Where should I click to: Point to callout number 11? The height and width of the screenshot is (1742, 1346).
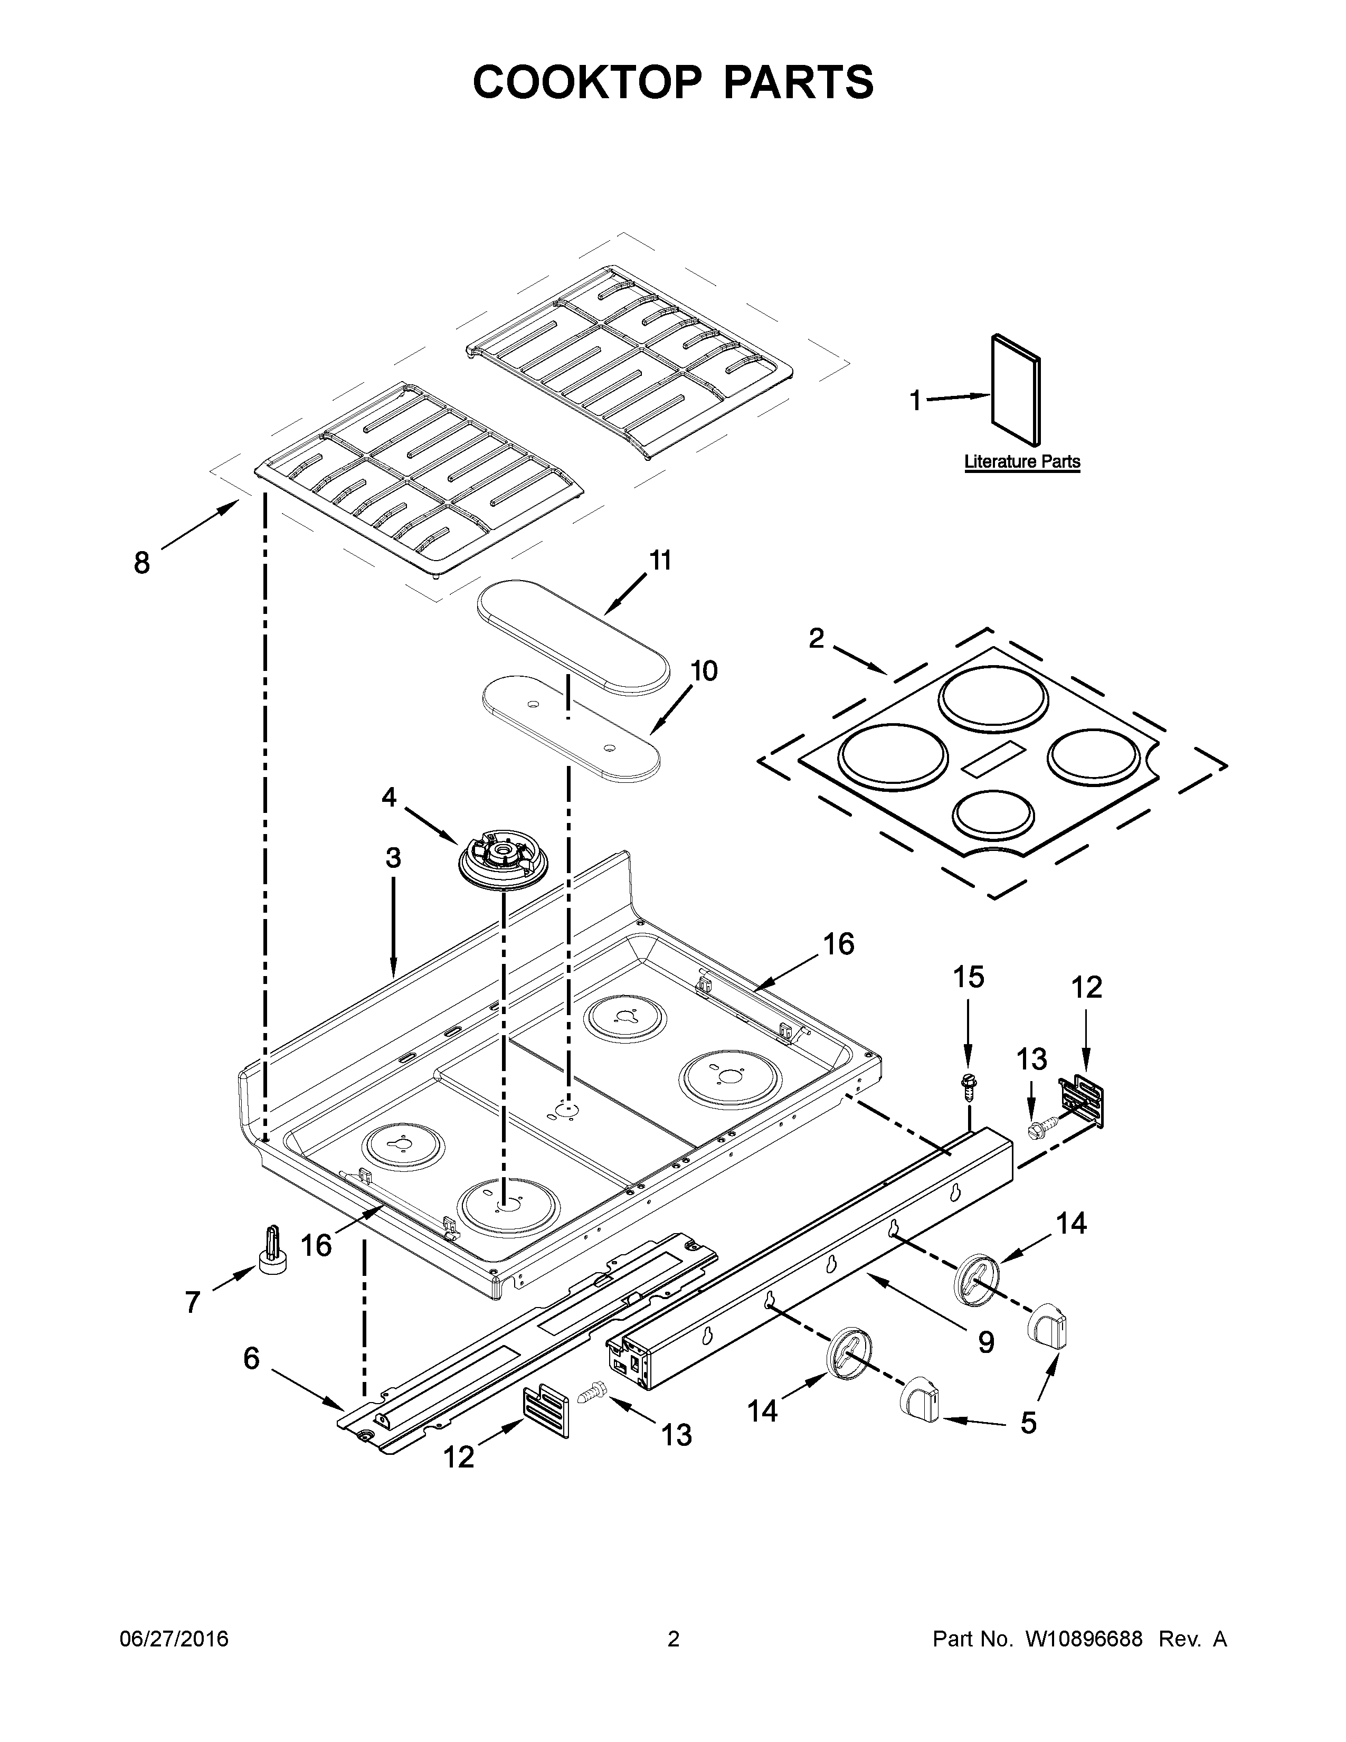(660, 561)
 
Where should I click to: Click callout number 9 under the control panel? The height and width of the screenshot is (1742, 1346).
(987, 1342)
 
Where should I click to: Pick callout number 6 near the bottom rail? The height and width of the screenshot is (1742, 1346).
(251, 1358)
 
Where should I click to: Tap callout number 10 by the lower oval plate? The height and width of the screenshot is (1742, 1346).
(703, 671)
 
